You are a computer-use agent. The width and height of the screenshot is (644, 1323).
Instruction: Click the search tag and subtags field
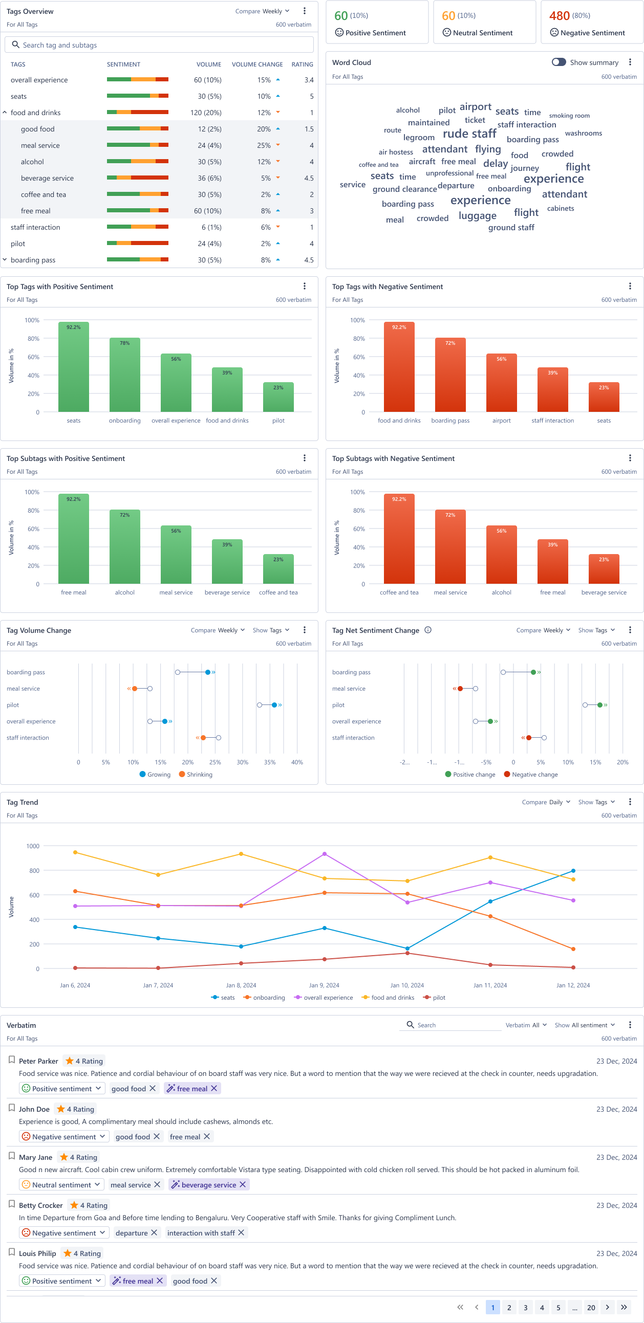pyautogui.click(x=159, y=45)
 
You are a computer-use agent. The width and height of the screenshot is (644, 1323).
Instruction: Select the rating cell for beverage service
pyautogui.click(x=308, y=178)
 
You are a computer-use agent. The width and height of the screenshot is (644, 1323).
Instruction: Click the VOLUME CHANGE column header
pyautogui.click(x=257, y=64)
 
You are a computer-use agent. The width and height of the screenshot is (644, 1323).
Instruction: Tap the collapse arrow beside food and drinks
pyautogui.click(x=5, y=113)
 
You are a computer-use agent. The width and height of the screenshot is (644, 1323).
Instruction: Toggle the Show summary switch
pyautogui.click(x=559, y=62)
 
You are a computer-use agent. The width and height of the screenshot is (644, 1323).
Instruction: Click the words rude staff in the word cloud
pyautogui.click(x=469, y=134)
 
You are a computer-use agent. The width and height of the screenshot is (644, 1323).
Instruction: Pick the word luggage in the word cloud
pyautogui.click(x=478, y=216)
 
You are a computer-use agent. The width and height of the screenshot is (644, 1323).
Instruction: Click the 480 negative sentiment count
pyautogui.click(x=559, y=16)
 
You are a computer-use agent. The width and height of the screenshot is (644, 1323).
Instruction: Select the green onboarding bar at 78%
pyautogui.click(x=125, y=375)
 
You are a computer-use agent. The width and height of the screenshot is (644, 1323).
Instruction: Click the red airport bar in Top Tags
pyautogui.click(x=501, y=383)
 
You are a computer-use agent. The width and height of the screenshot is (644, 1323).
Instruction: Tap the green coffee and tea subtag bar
pyautogui.click(x=278, y=569)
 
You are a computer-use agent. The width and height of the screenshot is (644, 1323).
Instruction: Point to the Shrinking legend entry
pyautogui.click(x=196, y=775)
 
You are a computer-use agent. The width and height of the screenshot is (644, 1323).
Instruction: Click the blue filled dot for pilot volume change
pyautogui.click(x=274, y=705)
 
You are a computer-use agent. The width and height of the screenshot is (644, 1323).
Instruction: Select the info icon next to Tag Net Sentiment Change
pyautogui.click(x=427, y=630)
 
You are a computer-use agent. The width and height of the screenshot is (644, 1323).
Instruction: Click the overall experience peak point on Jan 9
pyautogui.click(x=325, y=854)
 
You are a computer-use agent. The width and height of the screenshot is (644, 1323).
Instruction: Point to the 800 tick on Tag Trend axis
pyautogui.click(x=33, y=871)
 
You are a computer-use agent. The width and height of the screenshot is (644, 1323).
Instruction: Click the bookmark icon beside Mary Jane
pyautogui.click(x=12, y=1156)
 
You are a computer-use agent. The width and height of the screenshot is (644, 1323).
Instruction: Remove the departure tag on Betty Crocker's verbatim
pyautogui.click(x=154, y=1232)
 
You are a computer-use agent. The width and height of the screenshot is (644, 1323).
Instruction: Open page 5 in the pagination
pyautogui.click(x=558, y=1308)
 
